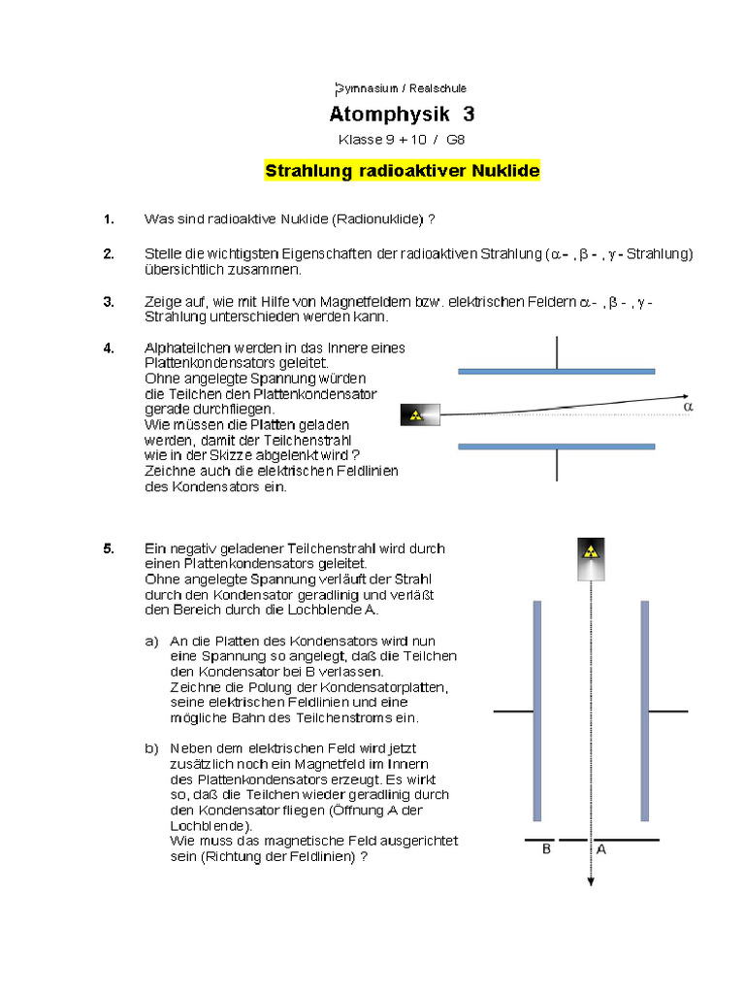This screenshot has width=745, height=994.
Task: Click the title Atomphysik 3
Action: tap(402, 115)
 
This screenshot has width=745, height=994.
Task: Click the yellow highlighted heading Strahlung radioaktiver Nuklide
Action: tap(402, 172)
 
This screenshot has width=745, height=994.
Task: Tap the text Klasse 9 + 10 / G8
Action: tap(402, 140)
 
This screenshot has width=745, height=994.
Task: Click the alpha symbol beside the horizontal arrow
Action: tap(689, 408)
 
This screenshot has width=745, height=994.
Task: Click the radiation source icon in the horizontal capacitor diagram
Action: tap(416, 415)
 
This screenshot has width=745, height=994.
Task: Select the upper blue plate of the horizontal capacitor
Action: tap(556, 371)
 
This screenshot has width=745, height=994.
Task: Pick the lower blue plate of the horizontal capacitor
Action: tap(556, 447)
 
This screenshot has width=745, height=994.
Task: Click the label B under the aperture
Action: tap(546, 849)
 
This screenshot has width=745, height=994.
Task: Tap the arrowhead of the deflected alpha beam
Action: tap(685, 396)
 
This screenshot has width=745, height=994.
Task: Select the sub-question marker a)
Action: tap(151, 642)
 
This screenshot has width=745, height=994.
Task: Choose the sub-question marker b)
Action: tap(151, 748)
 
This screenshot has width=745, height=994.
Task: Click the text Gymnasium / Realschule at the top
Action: tap(402, 88)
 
